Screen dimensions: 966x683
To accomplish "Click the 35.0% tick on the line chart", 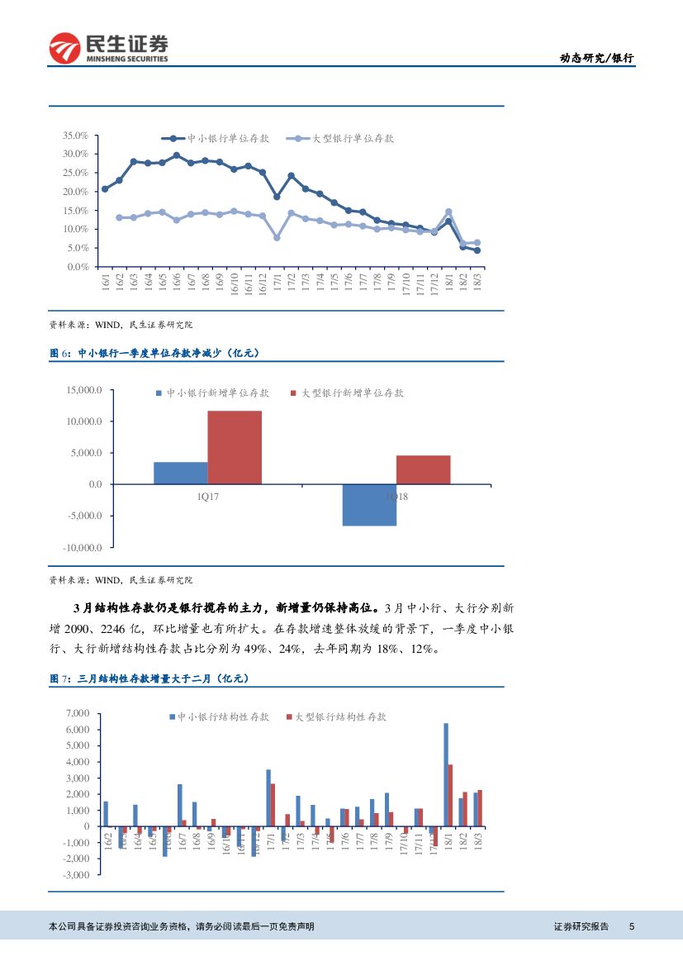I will (75, 135).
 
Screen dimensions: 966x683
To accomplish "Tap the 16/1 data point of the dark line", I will (104, 189).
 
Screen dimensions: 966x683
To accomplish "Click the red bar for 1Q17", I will (235, 447).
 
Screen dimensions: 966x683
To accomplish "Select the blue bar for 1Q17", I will (180, 473).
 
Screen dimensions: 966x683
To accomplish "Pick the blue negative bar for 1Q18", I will (369, 505).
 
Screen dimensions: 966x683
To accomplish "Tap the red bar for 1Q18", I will (423, 469).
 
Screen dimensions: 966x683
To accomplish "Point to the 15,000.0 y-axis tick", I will (84, 390).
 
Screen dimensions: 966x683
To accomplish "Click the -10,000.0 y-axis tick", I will (83, 548).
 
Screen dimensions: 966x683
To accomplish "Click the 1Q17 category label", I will (207, 497).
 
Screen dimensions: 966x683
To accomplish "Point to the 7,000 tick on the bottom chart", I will (77, 713).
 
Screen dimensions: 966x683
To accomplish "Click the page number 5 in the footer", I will (632, 926).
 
